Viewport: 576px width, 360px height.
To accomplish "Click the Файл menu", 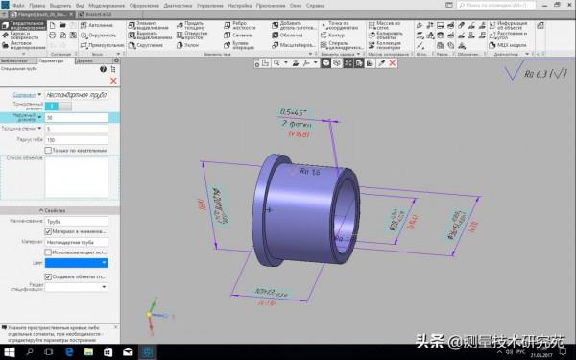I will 18,5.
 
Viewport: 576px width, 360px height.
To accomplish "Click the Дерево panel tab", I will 85,60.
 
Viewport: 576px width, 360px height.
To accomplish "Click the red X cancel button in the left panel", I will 114,81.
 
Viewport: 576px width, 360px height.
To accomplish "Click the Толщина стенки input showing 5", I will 77,128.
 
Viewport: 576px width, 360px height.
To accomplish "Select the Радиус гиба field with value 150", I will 77,138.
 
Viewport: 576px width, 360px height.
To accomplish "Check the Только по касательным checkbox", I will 48,150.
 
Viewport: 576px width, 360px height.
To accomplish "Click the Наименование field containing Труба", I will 77,220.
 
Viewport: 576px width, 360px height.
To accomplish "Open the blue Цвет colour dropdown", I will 77,261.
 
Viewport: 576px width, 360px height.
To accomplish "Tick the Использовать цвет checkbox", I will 49,252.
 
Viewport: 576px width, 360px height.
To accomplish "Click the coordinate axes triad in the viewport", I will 154,312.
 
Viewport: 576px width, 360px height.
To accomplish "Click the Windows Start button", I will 6,354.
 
